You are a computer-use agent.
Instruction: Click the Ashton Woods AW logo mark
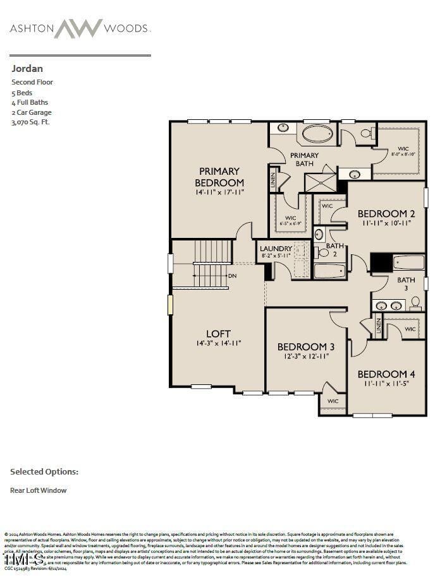pyautogui.click(x=78, y=28)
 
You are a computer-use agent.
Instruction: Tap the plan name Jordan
pyautogui.click(x=27, y=68)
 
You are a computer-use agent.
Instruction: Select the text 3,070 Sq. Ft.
pyautogui.click(x=30, y=122)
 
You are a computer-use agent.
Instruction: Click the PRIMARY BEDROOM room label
pyautogui.click(x=219, y=177)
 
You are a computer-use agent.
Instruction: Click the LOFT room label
pyautogui.click(x=218, y=333)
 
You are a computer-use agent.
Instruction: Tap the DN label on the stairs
pyautogui.click(x=233, y=276)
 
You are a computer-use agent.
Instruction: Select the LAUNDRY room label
pyautogui.click(x=276, y=249)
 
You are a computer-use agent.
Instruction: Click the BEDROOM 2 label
pyautogui.click(x=386, y=213)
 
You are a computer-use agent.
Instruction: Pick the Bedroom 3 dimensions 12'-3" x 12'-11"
pyautogui.click(x=306, y=357)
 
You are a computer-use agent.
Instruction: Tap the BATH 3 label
pyautogui.click(x=406, y=283)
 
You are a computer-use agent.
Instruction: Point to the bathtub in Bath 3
pyautogui.click(x=408, y=262)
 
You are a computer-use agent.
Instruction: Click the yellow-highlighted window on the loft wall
pyautogui.click(x=170, y=304)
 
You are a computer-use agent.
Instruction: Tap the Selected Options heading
pyautogui.click(x=44, y=471)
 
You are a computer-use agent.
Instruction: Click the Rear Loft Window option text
pyautogui.click(x=38, y=490)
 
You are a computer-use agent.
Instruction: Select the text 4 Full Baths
pyautogui.click(x=30, y=102)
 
